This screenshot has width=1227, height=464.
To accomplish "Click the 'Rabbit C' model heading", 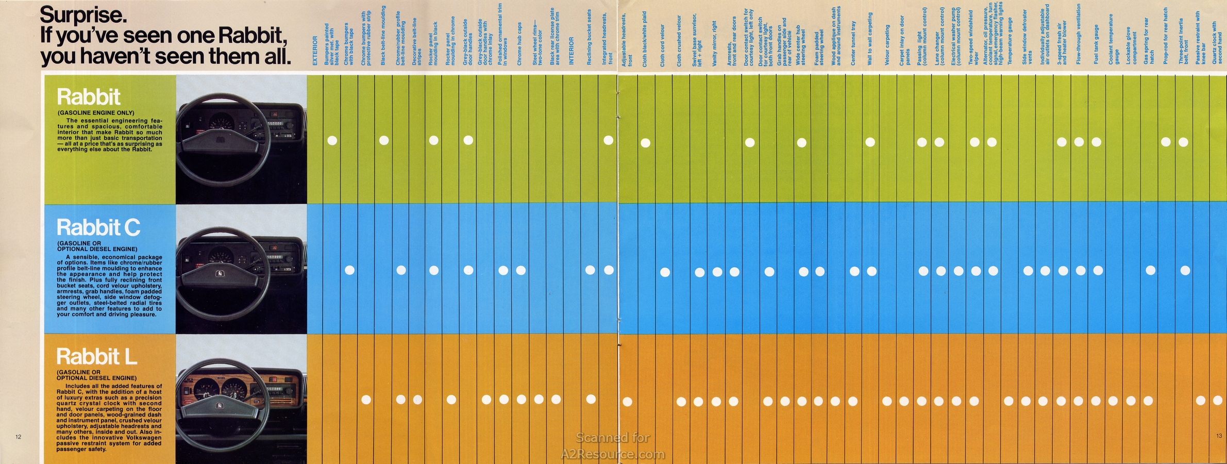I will coord(98,227).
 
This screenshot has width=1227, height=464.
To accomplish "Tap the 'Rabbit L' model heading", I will coord(96,356).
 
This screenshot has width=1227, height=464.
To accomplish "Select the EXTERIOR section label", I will coord(315,51).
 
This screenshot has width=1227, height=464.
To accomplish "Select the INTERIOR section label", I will coord(571,51).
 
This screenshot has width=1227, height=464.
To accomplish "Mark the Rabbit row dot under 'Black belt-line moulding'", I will coord(384,140).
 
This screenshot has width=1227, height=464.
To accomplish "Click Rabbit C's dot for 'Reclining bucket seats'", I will coord(591,270).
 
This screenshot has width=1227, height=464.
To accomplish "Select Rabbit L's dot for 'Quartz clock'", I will coord(1218,400).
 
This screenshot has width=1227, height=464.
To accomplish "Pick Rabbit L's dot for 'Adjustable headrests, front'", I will coord(627,402).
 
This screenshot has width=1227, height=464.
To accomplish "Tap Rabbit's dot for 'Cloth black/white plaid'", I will coord(645,143).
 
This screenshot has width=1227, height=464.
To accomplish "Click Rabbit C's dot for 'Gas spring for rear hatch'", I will coord(1150,270).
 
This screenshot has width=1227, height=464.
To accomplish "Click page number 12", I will coord(19,437).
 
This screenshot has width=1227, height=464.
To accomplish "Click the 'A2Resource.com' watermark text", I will coord(613,454).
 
